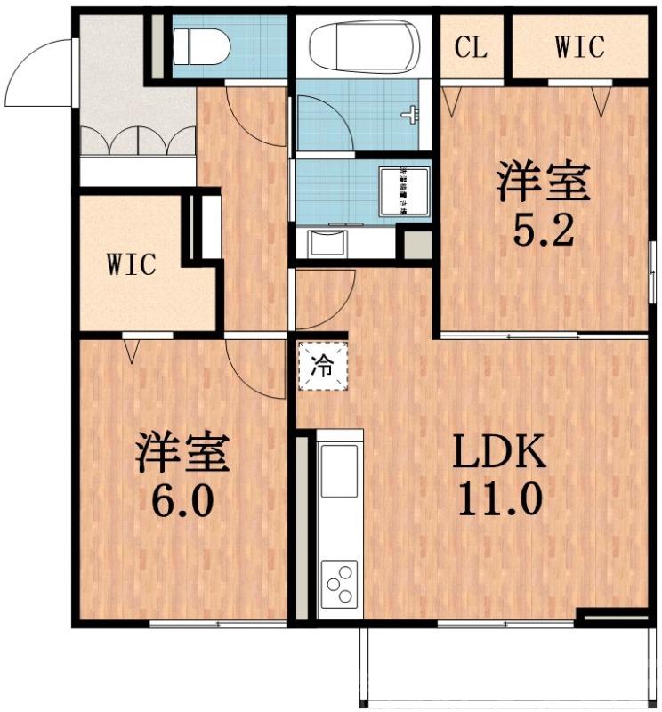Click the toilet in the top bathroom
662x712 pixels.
pos(200,44)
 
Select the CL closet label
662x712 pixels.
pos(471,47)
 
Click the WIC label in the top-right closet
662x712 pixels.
pos(579,46)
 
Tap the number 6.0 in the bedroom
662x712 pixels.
pos(182,499)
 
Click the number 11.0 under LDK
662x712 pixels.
pos(499,499)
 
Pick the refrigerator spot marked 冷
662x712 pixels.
pos(324,367)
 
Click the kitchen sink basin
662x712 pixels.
pos(339,471)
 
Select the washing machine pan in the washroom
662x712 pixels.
pos(405,191)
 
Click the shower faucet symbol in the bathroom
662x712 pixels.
pos(410,115)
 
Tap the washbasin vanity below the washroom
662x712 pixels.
pos(330,243)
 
